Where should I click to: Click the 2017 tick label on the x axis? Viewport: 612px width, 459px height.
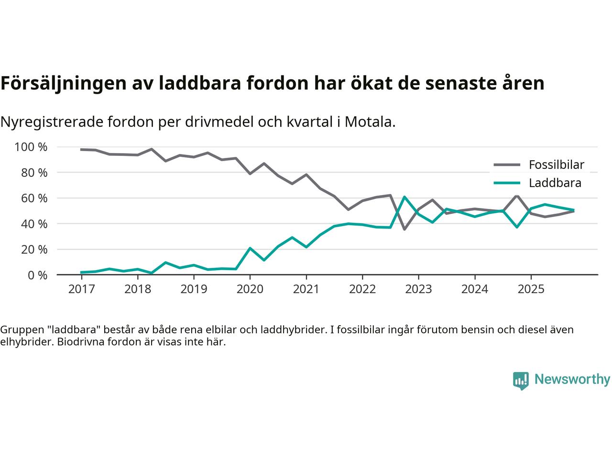pos(81,289)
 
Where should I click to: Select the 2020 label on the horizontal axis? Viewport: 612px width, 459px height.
pos(250,289)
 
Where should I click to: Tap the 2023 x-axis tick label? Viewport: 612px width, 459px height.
pos(418,289)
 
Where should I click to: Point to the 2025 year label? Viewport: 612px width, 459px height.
pos(531,289)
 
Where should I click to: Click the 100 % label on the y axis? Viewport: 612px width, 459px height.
pos(31,147)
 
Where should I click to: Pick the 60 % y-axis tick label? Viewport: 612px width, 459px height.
pos(34,198)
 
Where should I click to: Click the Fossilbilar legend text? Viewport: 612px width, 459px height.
pos(556,165)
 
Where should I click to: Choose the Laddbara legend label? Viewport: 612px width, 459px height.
pos(555,183)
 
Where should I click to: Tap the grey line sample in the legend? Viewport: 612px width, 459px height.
pos(506,165)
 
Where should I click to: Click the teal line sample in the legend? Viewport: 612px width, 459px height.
pos(506,183)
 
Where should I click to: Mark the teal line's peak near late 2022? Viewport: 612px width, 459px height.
pos(404,197)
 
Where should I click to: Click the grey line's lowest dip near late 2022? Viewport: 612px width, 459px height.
pos(404,229)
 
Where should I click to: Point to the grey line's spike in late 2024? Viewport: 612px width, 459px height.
pos(517,196)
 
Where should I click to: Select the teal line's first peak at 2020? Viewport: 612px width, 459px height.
pos(250,248)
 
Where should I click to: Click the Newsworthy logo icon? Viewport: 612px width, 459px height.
pos(521,381)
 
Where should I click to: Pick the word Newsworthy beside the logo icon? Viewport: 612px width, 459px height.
pos(572,380)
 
